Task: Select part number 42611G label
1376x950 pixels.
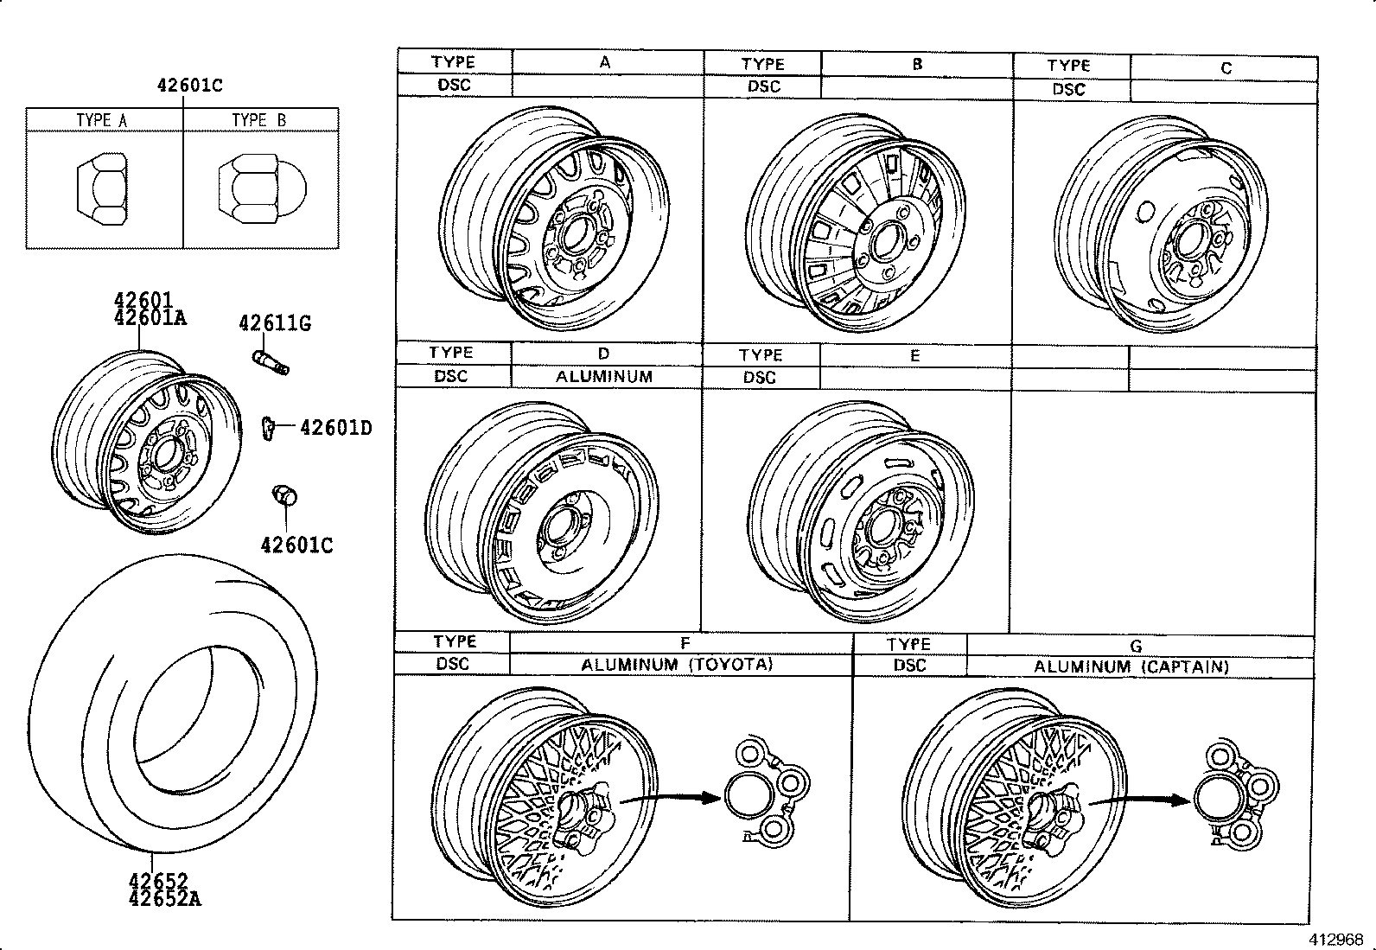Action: click(x=275, y=323)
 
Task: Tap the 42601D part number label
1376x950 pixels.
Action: click(x=335, y=427)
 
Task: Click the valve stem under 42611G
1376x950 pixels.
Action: click(x=271, y=361)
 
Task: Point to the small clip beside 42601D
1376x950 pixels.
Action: click(x=268, y=426)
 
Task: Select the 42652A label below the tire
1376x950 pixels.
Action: click(x=165, y=898)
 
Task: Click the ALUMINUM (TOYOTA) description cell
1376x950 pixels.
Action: click(x=677, y=664)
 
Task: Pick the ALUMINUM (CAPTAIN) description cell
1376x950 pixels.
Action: click(x=1131, y=666)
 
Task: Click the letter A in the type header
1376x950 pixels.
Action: click(x=605, y=62)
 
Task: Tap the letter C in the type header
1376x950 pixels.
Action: click(x=1226, y=67)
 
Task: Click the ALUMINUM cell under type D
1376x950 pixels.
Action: click(x=603, y=377)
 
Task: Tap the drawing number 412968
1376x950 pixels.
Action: click(x=1335, y=939)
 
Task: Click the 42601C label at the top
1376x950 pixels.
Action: click(x=189, y=85)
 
